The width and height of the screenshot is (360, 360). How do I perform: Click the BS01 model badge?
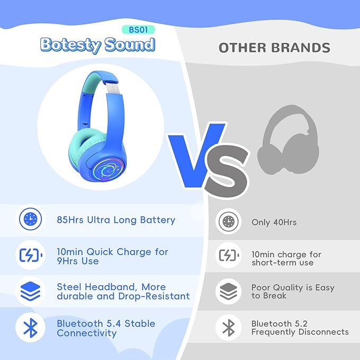(134, 30)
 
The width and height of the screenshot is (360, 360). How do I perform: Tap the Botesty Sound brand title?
(98, 45)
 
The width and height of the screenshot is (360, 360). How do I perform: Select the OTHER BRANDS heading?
(274, 48)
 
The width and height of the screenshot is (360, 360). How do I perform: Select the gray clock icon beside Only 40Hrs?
(229, 222)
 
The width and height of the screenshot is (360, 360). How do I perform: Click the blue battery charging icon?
(30, 256)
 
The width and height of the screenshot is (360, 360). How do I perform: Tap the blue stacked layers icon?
(30, 291)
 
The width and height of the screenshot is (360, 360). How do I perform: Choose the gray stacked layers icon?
(229, 292)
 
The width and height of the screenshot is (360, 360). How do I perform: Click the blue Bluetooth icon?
(30, 328)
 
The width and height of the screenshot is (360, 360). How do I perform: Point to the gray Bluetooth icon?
(229, 328)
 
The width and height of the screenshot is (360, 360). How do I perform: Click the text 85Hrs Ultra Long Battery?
(116, 220)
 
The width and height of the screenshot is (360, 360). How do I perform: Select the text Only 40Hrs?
(274, 222)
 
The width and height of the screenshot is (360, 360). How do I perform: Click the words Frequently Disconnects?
(300, 332)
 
